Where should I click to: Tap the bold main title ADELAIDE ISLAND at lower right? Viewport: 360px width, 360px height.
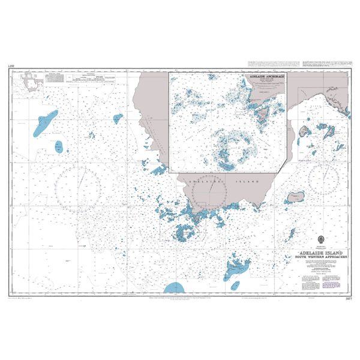pyautogui.click(x=321, y=254)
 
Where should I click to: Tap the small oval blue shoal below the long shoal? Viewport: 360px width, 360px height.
pyautogui.click(x=59, y=146)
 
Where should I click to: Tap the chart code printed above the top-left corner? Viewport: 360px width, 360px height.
pyautogui.click(x=11, y=65)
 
